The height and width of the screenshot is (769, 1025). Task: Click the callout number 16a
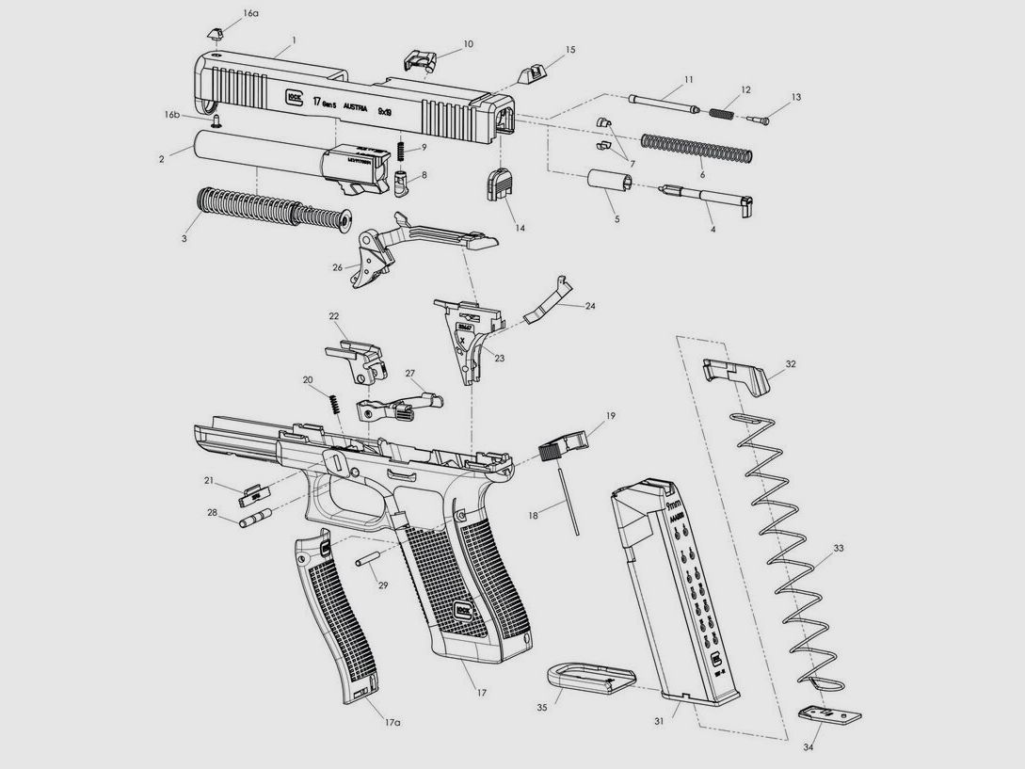click(x=249, y=14)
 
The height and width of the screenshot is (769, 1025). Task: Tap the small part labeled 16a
click(x=214, y=32)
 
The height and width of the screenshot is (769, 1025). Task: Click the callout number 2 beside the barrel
click(x=162, y=160)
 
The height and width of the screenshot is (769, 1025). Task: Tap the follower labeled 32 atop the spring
click(x=737, y=372)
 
